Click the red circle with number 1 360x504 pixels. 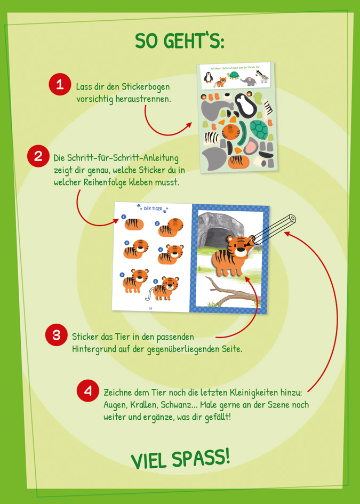pyautogui.click(x=60, y=84)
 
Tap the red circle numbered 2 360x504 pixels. pyautogui.click(x=38, y=157)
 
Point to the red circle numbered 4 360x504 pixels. pyautogui.click(x=88, y=391)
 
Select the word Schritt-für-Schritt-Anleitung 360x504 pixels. pyautogui.click(x=116, y=158)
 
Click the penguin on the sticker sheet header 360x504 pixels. pyautogui.click(x=209, y=78)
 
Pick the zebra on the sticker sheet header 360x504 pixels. pyautogui.click(x=262, y=78)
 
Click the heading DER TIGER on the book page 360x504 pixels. pyautogui.click(x=152, y=209)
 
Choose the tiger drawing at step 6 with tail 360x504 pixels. pyautogui.click(x=166, y=288)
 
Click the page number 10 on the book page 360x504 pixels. pyautogui.click(x=150, y=307)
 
